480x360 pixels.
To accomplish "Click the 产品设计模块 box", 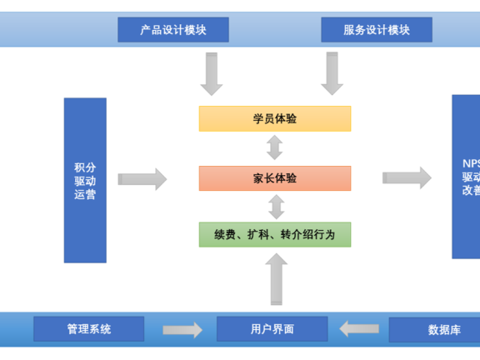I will point(173,30).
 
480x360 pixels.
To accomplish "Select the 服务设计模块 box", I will point(377,30).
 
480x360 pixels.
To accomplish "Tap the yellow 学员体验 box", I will point(274,118).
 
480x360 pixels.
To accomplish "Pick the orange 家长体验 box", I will point(274,178).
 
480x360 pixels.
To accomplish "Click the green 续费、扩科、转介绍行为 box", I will point(274,234).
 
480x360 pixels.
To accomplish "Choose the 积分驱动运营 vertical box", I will point(85,180).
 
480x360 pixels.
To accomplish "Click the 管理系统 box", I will point(88,329).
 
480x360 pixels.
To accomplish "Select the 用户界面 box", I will point(272,329).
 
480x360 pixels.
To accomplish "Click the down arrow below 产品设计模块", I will point(212,73).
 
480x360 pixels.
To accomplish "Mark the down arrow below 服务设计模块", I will point(332,73).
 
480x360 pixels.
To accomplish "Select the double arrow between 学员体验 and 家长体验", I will point(274,148).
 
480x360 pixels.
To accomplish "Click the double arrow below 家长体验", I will point(274,207).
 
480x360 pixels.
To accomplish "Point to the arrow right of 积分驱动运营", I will point(142,178).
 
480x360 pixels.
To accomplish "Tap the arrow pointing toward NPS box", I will point(407,177).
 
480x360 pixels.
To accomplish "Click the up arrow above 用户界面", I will point(277,279).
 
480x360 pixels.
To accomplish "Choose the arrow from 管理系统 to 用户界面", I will point(182,330).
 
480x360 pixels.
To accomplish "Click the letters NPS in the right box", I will point(471,163).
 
